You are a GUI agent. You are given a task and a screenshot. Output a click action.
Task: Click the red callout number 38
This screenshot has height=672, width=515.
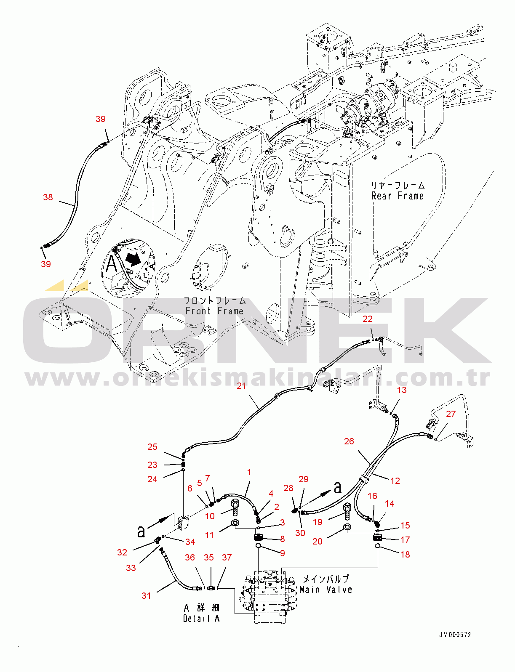click(x=48, y=197)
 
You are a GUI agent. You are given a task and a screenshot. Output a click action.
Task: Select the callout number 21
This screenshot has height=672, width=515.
click(x=241, y=386)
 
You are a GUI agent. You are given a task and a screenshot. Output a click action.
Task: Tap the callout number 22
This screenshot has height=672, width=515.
click(x=367, y=319)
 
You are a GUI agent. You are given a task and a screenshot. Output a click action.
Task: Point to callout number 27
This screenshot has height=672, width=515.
click(x=451, y=414)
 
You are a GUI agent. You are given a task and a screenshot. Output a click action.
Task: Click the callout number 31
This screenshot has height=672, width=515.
click(x=146, y=595)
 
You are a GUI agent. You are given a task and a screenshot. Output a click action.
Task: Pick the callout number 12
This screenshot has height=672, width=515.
click(x=395, y=481)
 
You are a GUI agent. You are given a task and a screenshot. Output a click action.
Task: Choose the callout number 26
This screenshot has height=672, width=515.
click(x=349, y=441)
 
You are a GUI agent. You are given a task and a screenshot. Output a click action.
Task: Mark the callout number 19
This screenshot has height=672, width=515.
click(x=318, y=522)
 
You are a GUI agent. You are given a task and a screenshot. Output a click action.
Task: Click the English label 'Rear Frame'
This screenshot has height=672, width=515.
click(x=398, y=195)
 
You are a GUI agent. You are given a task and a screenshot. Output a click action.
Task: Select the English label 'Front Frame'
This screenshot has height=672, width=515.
click(x=214, y=311)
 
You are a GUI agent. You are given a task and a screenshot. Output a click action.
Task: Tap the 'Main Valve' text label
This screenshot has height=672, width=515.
click(x=326, y=590)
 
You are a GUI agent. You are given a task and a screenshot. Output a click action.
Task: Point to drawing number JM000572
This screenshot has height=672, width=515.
click(x=455, y=635)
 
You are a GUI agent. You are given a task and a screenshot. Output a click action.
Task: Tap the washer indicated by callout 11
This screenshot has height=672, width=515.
click(x=235, y=523)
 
